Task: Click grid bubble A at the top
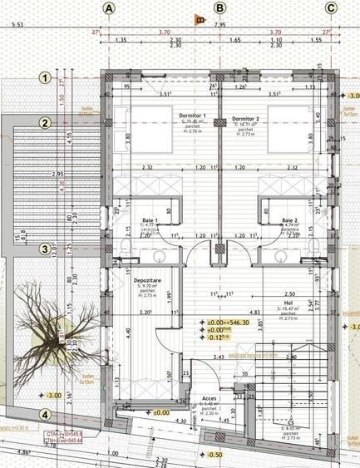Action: tap(109, 7)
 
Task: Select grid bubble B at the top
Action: tap(219, 7)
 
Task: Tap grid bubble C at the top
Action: tap(331, 7)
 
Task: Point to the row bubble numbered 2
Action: tap(47, 124)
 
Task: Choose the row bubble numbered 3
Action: tap(47, 248)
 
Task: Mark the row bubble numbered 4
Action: tap(47, 415)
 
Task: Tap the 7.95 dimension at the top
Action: tap(219, 25)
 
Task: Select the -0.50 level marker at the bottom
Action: tap(215, 455)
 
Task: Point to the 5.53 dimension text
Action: tap(17, 26)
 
